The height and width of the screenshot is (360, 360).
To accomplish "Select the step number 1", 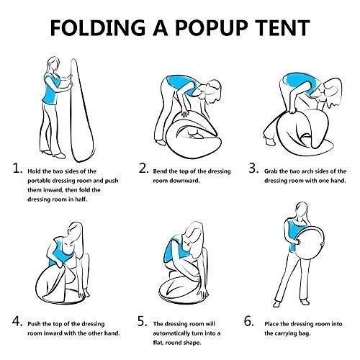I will click(18, 171).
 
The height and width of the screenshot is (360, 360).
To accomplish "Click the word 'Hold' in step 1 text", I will click(38, 171).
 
